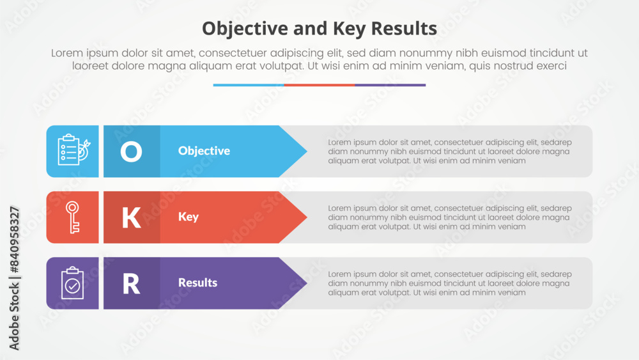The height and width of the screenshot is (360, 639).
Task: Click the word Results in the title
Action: click(x=404, y=29)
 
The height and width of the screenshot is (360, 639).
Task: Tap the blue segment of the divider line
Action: click(x=249, y=85)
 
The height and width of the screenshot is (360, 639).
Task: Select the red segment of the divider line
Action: click(x=319, y=85)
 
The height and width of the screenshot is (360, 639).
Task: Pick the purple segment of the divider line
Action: click(x=390, y=85)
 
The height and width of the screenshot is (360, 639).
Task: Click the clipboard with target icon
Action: click(x=73, y=150)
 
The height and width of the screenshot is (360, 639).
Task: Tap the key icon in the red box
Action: click(x=73, y=217)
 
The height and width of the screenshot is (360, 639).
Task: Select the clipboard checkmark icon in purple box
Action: click(x=73, y=283)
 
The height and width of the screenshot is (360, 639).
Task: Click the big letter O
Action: click(x=131, y=152)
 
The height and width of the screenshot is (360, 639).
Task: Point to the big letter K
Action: click(x=131, y=217)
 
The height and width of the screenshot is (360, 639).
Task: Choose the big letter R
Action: click(x=131, y=284)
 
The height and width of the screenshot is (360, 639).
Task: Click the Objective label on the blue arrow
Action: click(x=204, y=151)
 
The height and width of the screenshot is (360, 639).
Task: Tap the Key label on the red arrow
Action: click(x=189, y=217)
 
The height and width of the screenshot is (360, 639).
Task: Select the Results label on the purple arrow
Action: click(x=197, y=283)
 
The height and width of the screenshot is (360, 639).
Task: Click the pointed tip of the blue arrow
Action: click(x=307, y=152)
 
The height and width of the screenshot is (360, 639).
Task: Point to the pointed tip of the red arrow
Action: click(x=307, y=217)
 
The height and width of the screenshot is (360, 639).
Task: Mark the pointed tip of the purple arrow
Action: click(x=307, y=283)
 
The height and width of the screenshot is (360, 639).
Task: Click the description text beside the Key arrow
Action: click(x=450, y=217)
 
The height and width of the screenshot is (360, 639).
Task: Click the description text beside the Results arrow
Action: click(x=450, y=283)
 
